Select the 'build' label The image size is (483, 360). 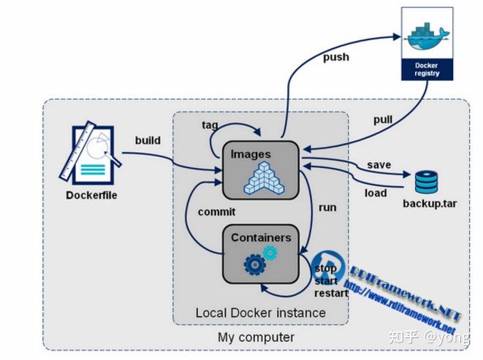(149, 139)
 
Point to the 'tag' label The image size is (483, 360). (209, 124)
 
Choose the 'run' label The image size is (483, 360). (327, 207)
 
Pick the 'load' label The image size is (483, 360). (376, 194)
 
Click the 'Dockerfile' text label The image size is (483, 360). (91, 196)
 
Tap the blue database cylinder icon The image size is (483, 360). (425, 183)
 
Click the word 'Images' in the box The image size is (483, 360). (251, 154)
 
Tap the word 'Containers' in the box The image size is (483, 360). (261, 237)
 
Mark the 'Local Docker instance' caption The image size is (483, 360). (260, 313)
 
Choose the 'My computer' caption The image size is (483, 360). (256, 337)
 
